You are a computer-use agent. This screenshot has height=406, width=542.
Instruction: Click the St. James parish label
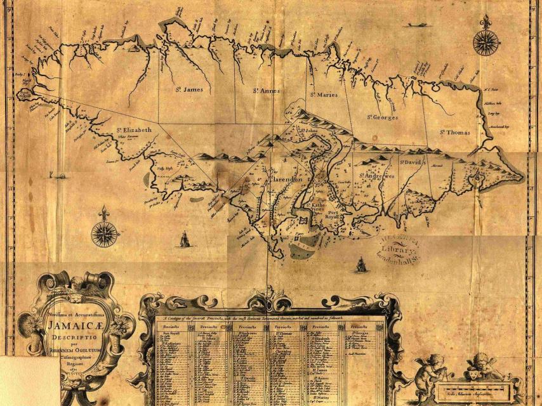tap(189, 90)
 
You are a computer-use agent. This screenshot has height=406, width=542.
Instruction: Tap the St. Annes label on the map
tap(266, 90)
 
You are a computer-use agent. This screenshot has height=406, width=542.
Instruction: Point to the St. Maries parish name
tap(324, 95)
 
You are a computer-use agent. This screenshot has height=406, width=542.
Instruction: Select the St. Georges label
tap(382, 117)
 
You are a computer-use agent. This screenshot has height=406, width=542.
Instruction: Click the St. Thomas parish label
tap(455, 132)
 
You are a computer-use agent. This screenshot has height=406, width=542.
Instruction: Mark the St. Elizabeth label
tap(134, 130)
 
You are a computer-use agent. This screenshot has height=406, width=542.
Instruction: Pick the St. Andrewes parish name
tap(378, 176)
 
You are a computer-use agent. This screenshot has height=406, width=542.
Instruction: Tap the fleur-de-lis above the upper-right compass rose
tap(486, 22)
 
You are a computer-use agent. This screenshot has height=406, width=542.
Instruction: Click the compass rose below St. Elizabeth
tap(105, 234)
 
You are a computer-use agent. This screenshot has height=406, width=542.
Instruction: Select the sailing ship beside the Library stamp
tap(361, 264)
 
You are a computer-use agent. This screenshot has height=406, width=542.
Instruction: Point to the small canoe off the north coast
tap(417, 25)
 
